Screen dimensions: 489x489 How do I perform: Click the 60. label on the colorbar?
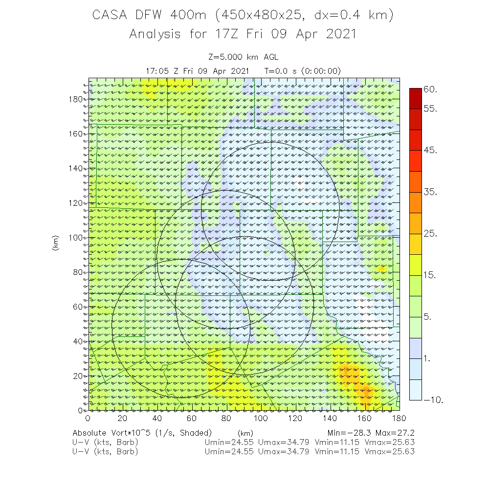430,89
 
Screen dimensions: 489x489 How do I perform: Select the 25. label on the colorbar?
430,234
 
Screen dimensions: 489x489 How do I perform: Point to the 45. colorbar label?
430,151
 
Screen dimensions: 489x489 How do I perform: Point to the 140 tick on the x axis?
330,418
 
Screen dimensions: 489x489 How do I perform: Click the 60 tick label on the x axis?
192,418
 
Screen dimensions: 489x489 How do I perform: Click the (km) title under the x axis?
244,433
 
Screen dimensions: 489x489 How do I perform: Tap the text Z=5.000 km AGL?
243,58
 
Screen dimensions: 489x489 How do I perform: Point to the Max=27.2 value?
396,433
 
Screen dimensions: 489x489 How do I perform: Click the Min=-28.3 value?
350,433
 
